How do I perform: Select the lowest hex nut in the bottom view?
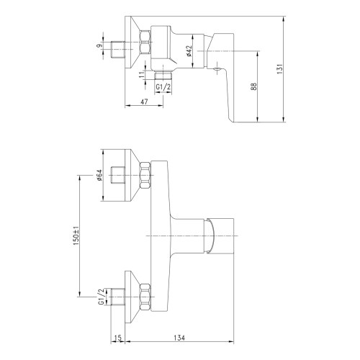pos(145,294)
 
